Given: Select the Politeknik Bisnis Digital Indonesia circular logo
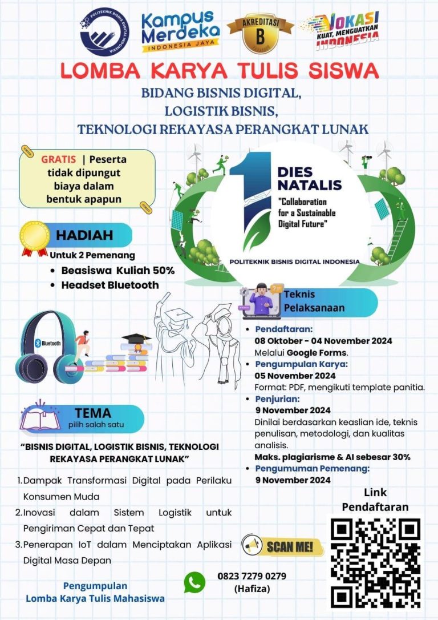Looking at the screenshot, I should pyautogui.click(x=104, y=31).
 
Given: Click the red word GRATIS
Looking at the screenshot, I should pyautogui.click(x=58, y=159).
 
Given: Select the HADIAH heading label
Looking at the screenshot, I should pyautogui.click(x=84, y=235).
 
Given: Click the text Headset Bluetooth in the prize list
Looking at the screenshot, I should pyautogui.click(x=110, y=284).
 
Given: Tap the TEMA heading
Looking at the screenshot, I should pyautogui.click(x=92, y=412).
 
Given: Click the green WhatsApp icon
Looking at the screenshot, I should pyautogui.click(x=194, y=582).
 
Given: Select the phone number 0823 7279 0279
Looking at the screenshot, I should pyautogui.click(x=252, y=575).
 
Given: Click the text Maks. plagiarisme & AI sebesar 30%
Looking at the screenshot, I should pyautogui.click(x=332, y=457).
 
